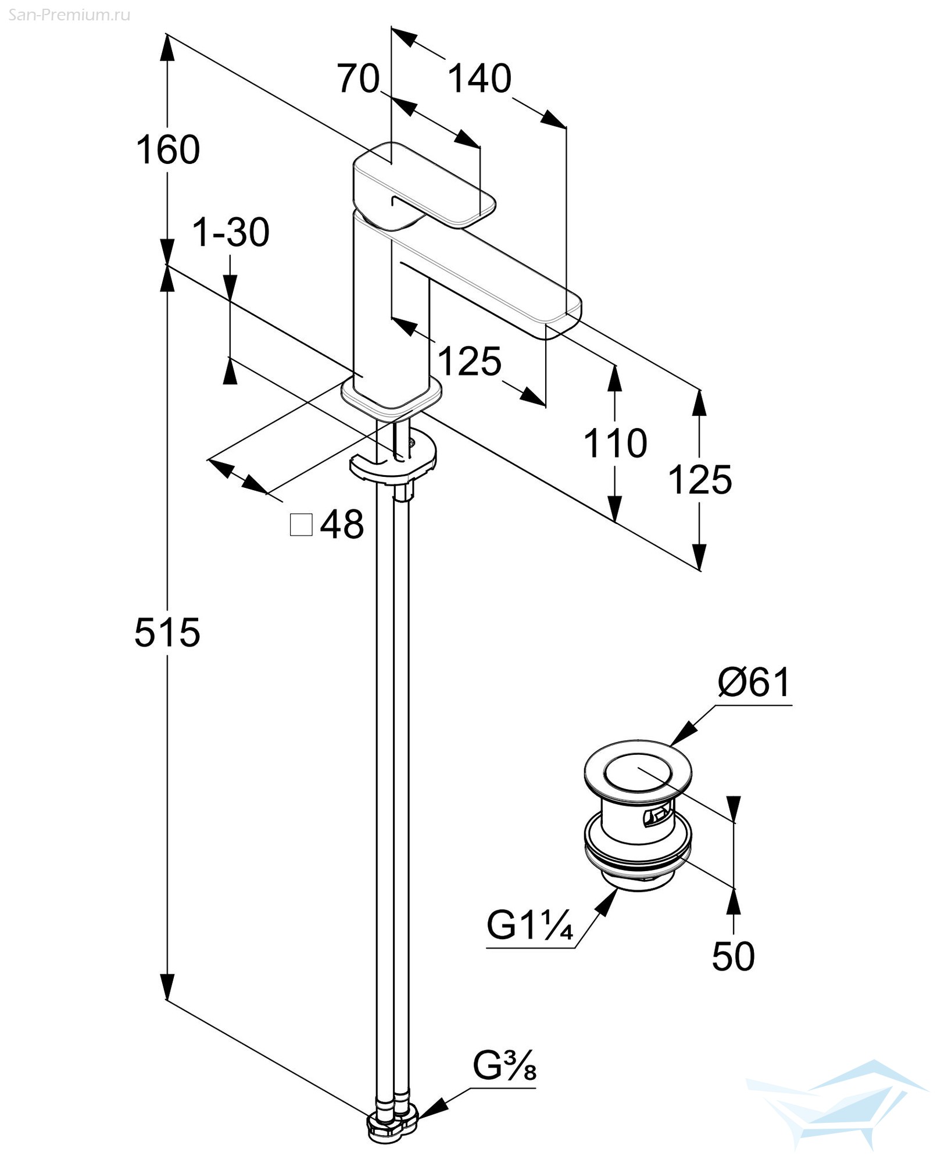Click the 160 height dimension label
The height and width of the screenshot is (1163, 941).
[x=168, y=149]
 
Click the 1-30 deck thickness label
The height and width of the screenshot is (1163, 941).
[x=231, y=233]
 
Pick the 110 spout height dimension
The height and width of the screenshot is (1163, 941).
[x=615, y=443]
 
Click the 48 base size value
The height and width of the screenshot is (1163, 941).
[x=342, y=524]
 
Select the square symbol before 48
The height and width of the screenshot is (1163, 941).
[x=301, y=525]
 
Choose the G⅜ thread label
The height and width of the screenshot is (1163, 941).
[x=505, y=1080]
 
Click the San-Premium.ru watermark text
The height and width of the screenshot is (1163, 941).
[x=69, y=15]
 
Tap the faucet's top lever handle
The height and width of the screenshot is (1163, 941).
[x=424, y=185]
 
